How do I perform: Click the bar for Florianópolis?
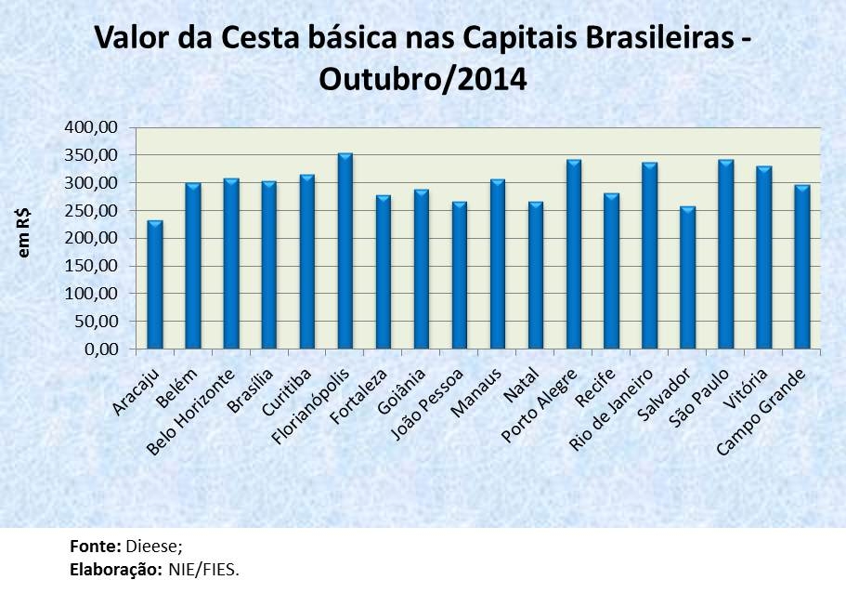[345, 251]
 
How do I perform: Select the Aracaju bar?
[155, 284]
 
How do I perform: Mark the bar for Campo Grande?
[802, 267]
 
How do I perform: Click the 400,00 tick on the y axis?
[94, 127]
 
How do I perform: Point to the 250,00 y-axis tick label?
[94, 211]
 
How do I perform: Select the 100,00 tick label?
[94, 294]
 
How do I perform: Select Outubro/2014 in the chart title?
[423, 79]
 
